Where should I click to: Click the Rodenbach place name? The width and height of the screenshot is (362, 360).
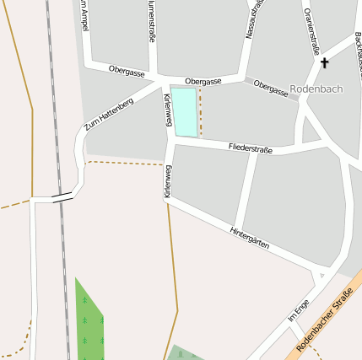[316, 89]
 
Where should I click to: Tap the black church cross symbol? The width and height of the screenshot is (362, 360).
[325, 62]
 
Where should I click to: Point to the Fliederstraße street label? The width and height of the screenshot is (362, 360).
[251, 149]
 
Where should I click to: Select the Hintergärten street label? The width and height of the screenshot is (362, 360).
[250, 237]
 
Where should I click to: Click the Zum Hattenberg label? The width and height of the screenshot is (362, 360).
[109, 114]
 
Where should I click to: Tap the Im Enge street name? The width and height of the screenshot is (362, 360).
[299, 310]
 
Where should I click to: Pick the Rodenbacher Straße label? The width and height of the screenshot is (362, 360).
[324, 320]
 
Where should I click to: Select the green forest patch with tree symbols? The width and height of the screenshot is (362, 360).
[89, 325]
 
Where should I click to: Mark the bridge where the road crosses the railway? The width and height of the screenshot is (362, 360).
[62, 198]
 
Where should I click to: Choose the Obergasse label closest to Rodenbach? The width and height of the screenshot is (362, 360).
[270, 88]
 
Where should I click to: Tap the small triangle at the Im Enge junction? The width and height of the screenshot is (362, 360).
[321, 276]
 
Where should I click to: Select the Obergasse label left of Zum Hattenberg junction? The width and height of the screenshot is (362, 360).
[127, 72]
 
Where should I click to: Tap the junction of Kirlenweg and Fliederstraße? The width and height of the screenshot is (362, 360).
[171, 141]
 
